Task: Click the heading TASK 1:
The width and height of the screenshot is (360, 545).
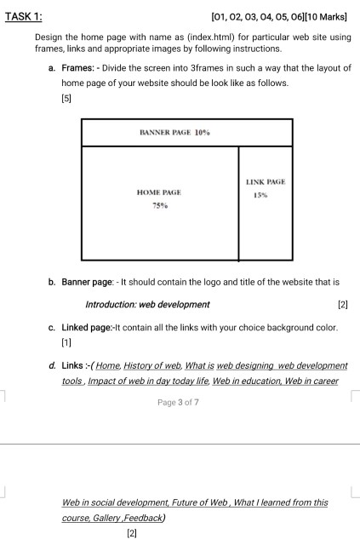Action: [26, 16]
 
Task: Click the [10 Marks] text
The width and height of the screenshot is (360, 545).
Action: [324, 16]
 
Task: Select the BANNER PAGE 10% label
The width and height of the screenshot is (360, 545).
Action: [174, 134]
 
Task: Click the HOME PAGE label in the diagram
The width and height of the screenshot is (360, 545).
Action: [158, 193]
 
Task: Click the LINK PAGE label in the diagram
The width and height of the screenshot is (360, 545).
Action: [265, 182]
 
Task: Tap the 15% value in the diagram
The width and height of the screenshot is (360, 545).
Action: [260, 195]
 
